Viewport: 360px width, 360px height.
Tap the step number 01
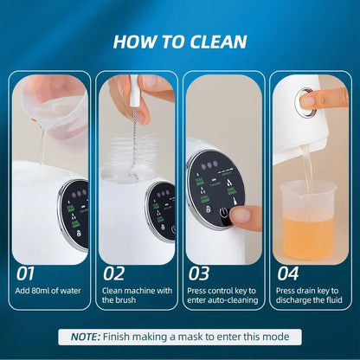point(29,273)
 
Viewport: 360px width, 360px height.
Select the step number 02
point(114,273)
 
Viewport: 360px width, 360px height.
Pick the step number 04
point(287,273)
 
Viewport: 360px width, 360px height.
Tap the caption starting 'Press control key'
point(222,294)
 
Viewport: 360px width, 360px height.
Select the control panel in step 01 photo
point(74,213)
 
